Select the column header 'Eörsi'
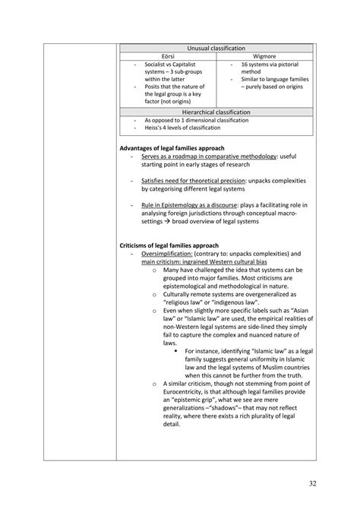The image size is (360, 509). (169, 56)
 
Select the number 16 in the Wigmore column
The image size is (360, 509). (245, 65)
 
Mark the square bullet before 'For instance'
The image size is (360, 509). (175, 351)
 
